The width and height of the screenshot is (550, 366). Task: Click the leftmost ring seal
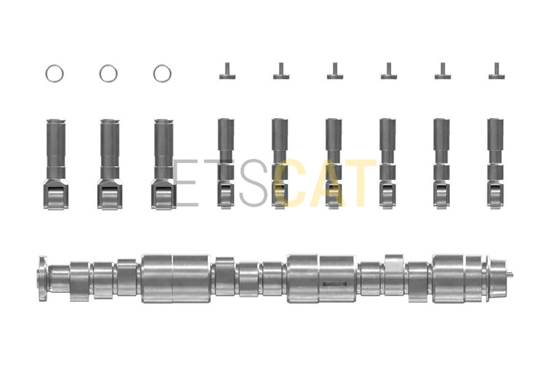coord(47,74)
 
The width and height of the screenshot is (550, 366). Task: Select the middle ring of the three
coord(100,74)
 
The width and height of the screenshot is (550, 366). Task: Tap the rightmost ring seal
coord(154,74)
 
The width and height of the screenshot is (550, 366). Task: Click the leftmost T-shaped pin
coord(228,72)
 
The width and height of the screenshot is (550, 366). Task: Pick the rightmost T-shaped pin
coord(497,72)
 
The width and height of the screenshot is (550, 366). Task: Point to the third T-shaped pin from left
coord(335,72)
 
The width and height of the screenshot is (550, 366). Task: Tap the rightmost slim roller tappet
coord(496,164)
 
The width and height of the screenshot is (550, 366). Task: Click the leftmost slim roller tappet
coord(225,164)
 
